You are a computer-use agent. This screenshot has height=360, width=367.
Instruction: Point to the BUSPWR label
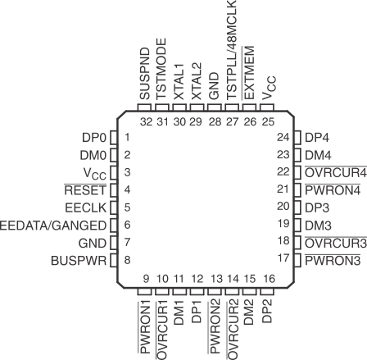pyautogui.click(x=80, y=260)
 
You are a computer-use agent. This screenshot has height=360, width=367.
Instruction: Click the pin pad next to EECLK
pyautogui.click(x=114, y=207)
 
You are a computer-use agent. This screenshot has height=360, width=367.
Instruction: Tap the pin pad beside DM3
pyautogui.click(x=298, y=224)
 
